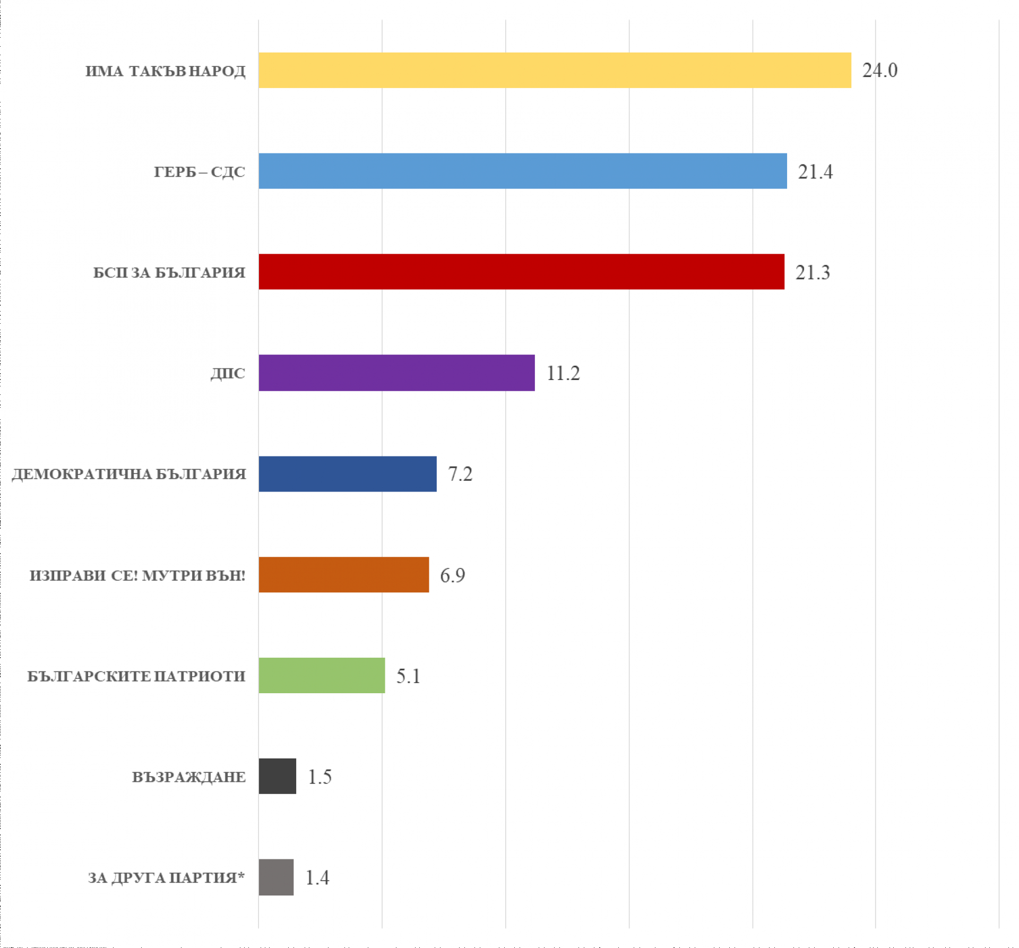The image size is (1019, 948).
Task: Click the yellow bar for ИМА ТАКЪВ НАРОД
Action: pyautogui.click(x=555, y=70)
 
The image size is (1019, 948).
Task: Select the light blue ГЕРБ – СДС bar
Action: pyautogui.click(x=523, y=171)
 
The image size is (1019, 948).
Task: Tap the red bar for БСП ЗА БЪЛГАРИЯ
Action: pyautogui.click(x=522, y=272)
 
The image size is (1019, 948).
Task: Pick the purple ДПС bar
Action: pyautogui.click(x=397, y=373)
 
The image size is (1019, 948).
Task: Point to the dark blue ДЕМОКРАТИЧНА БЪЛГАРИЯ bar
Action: pyautogui.click(x=348, y=473)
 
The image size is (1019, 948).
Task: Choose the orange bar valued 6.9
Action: pyautogui.click(x=344, y=574)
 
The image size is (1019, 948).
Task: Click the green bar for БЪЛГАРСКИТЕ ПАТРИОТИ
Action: pyautogui.click(x=322, y=675)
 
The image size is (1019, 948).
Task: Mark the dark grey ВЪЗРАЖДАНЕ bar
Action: pyautogui.click(x=278, y=776)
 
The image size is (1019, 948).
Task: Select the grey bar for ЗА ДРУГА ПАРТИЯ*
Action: pyautogui.click(x=276, y=877)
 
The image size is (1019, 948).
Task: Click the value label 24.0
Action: pyautogui.click(x=880, y=70)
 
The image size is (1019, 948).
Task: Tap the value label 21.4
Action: pyautogui.click(x=815, y=171)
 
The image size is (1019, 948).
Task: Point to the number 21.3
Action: pyautogui.click(x=813, y=272)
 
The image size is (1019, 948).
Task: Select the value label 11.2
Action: pyautogui.click(x=563, y=373)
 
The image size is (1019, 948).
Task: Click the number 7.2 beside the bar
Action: pyautogui.click(x=460, y=474)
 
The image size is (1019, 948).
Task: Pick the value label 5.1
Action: pyautogui.click(x=408, y=676)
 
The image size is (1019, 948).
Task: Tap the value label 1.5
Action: pyautogui.click(x=319, y=777)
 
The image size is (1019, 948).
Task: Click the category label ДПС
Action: pyautogui.click(x=228, y=374)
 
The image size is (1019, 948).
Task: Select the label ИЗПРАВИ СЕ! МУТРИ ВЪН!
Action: pyautogui.click(x=137, y=575)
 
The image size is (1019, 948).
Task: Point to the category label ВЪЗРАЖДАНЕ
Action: pyautogui.click(x=189, y=777)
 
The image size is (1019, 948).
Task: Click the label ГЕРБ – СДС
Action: pyautogui.click(x=200, y=172)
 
